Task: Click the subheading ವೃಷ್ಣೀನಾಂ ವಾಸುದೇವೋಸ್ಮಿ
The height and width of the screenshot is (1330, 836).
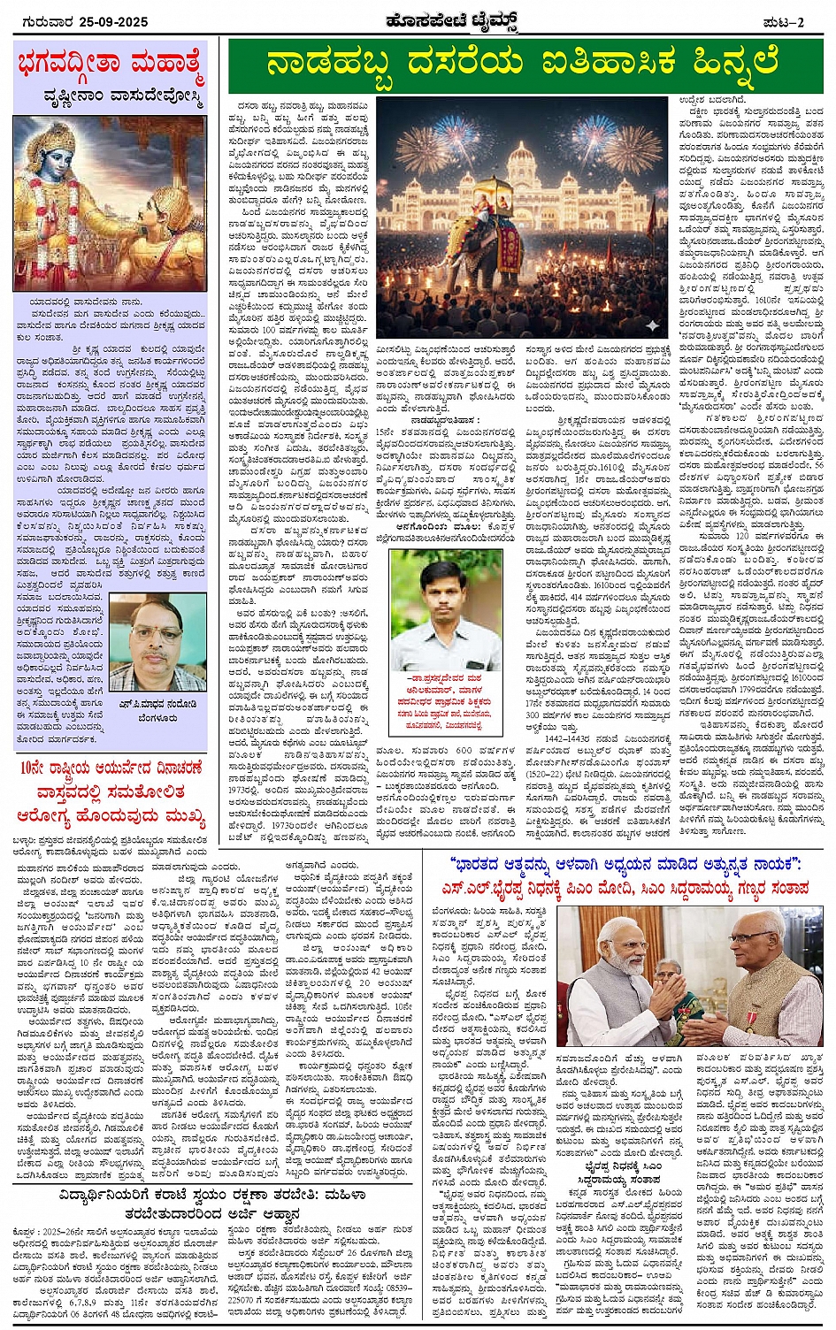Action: click(124, 96)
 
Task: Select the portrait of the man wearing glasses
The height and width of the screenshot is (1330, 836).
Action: click(157, 641)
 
